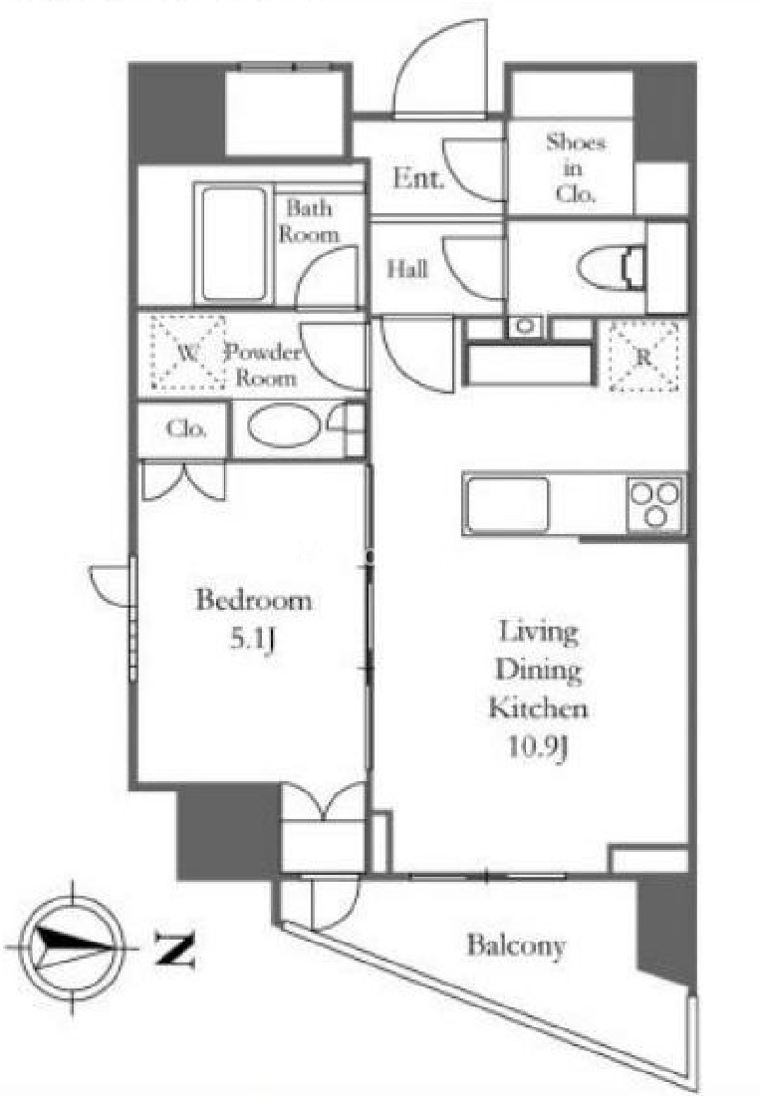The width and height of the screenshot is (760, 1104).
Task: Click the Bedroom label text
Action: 253,600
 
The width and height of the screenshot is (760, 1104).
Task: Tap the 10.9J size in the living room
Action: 538,746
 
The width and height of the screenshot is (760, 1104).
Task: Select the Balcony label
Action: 516,946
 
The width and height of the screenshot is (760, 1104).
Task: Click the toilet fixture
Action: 612,268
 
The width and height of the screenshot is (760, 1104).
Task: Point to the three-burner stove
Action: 655,503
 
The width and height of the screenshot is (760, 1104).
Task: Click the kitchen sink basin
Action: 507,503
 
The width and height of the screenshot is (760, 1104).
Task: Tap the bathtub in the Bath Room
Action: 234,243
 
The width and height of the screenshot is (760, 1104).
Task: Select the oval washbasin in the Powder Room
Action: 284,425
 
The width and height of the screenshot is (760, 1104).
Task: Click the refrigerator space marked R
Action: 643,357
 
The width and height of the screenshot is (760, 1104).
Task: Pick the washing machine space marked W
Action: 187,353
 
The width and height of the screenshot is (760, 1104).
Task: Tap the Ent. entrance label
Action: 418,177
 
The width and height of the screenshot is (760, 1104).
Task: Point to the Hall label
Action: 407,268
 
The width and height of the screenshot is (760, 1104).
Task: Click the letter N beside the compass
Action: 174,949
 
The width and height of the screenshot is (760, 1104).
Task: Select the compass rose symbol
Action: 72,947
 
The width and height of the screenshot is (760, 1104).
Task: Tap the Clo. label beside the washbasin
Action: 186,428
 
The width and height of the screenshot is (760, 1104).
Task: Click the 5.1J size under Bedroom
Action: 253,640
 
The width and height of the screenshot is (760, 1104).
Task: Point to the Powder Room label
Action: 264,365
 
